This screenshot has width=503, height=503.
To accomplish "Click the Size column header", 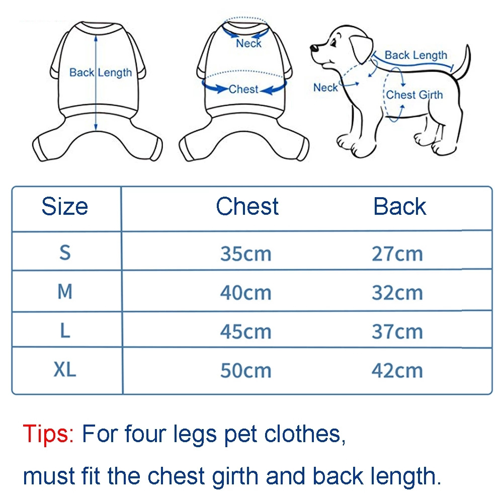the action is click(65, 206).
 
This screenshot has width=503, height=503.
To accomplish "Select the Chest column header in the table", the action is click(247, 206).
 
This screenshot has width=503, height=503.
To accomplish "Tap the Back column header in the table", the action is click(400, 206).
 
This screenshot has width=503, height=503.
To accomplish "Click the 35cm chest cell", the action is click(246, 254).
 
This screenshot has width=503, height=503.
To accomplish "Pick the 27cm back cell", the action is click(397, 254).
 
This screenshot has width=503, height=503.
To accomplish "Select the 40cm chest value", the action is click(246, 293).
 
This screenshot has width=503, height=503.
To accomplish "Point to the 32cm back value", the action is click(397, 293).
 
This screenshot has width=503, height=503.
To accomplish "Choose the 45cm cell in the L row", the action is click(246, 331).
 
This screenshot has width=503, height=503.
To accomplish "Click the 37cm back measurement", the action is click(397, 331).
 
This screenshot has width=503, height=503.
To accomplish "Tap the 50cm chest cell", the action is click(246, 371).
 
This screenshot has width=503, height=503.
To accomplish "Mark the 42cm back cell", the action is click(397, 371).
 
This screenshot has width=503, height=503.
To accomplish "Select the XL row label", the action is click(65, 369).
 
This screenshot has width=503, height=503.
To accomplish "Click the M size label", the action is click(65, 292).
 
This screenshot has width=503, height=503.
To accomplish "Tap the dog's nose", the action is click(314, 48).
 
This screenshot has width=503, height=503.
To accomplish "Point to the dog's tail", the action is click(463, 62).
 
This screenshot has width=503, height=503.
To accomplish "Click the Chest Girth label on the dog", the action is click(414, 95).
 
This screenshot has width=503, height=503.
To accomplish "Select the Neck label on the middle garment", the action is click(248, 43).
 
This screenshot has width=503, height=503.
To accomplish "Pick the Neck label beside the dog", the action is click(325, 88).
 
